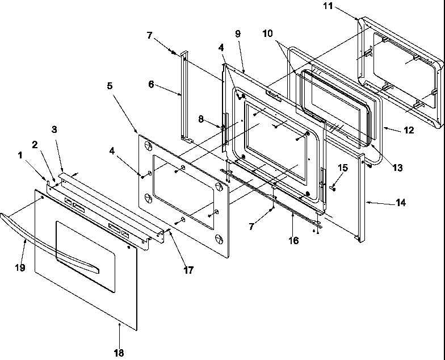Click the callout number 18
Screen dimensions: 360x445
(x=118, y=353)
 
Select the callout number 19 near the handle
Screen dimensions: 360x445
(x=20, y=267)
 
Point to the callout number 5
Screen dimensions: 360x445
(x=109, y=86)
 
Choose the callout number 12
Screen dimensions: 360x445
(x=409, y=130)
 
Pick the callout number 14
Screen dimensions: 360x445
(x=401, y=202)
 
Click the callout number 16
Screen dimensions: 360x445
(x=293, y=241)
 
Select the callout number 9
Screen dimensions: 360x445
(x=237, y=34)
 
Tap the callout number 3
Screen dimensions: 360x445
(x=54, y=129)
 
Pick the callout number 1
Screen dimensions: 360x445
(x=22, y=154)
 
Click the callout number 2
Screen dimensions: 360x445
(x=35, y=145)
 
